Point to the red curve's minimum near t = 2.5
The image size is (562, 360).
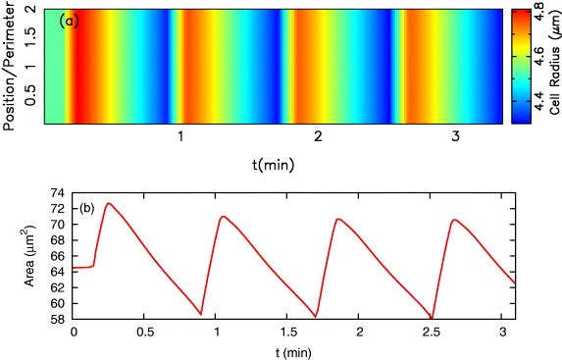432,318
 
